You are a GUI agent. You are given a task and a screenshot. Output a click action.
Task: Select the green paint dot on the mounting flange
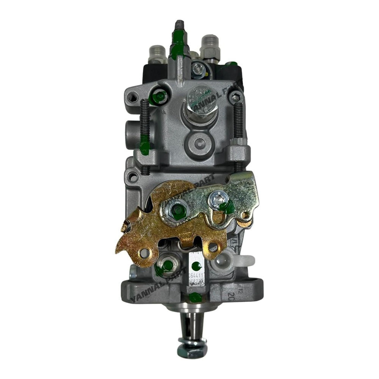tap(196, 297)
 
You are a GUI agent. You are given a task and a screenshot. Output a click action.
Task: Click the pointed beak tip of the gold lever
tap(124, 227)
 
